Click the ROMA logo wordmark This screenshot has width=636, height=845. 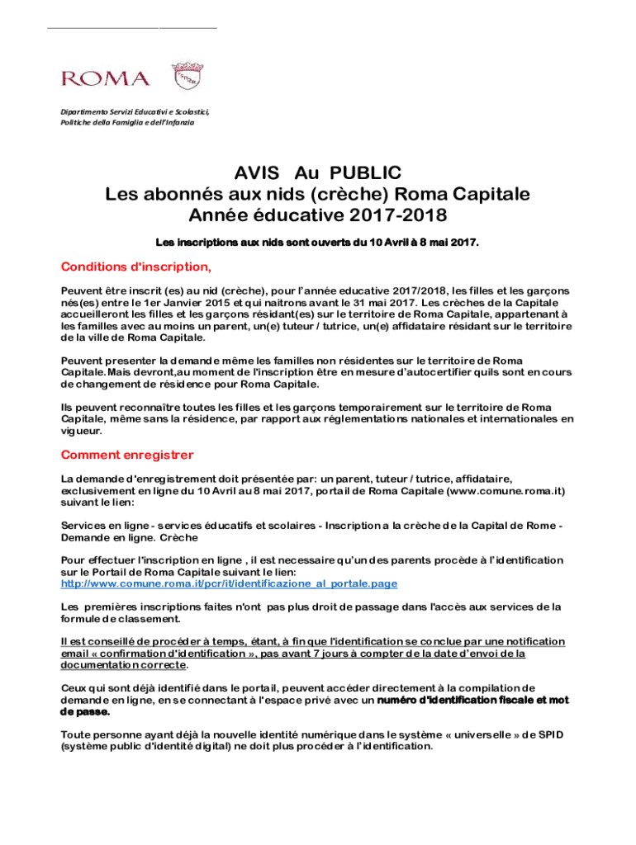[x=106, y=78]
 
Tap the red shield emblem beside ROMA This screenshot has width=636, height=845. [x=187, y=77]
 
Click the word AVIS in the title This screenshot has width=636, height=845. [x=258, y=173]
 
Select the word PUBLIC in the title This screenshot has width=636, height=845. [x=366, y=173]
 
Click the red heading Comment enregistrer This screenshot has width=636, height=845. [x=127, y=455]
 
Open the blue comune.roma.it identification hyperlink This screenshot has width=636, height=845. [x=230, y=583]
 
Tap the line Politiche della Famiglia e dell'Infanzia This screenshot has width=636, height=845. [x=127, y=122]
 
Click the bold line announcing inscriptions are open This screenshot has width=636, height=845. [x=317, y=243]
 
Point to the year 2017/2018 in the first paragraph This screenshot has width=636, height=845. [x=416, y=291]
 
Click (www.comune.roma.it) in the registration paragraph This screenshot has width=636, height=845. [x=505, y=491]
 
